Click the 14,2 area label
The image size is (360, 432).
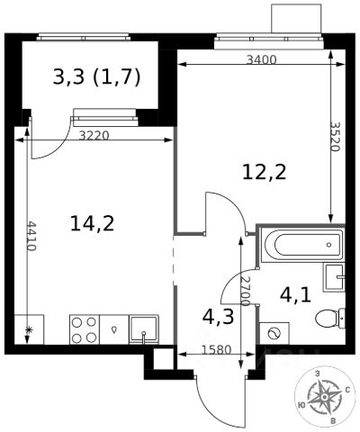point(93,223)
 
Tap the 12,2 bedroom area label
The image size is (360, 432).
point(265,173)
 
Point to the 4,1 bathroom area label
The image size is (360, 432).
point(295,295)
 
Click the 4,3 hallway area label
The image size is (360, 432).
point(218,317)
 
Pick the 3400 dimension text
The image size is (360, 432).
point(261,60)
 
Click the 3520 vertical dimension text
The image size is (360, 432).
point(335,137)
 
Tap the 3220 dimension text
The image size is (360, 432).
point(94,136)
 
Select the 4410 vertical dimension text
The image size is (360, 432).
point(31,236)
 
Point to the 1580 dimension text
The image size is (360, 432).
point(217,350)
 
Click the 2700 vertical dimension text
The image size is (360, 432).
point(245,291)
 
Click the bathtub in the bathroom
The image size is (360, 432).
point(301,245)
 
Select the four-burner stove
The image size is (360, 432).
point(85,329)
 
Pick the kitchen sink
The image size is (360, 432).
point(144,329)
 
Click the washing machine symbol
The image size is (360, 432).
point(274,333)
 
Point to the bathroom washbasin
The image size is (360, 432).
point(334,278)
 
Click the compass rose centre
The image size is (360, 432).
point(324,397)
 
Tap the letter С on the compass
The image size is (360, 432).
point(347,390)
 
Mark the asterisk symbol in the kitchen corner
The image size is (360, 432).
point(29,330)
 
